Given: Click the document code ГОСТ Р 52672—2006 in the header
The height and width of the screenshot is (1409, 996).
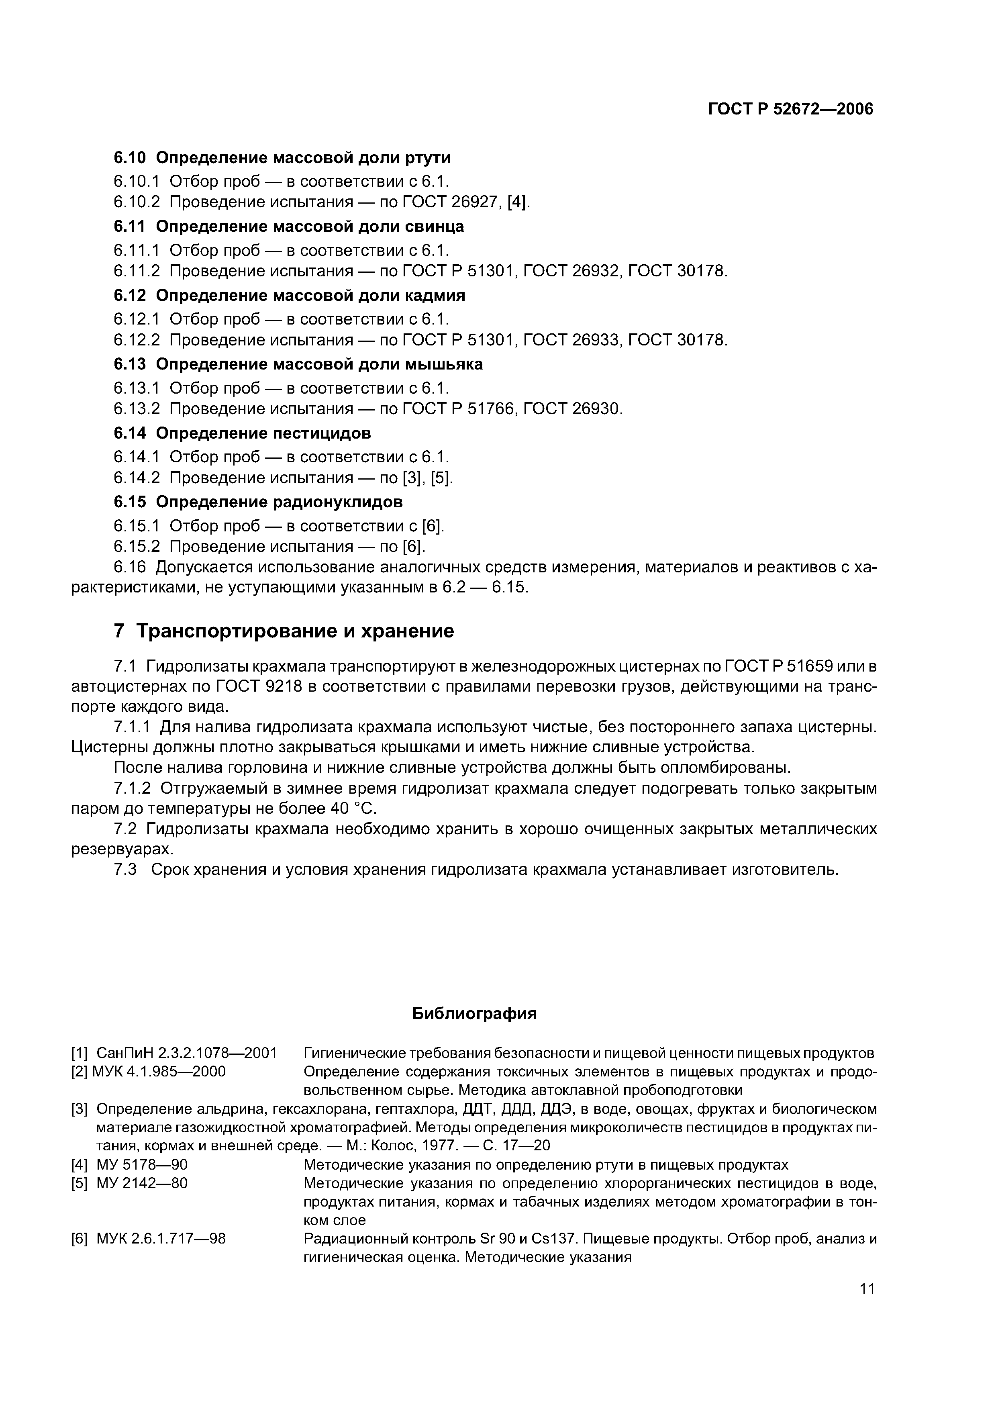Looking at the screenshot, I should [790, 109].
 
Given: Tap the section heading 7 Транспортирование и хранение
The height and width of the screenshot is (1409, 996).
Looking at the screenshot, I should [284, 631].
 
